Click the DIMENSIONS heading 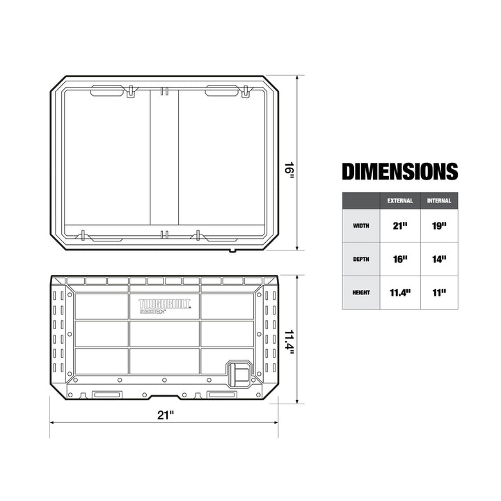(399, 171)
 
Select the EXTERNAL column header (400, 200)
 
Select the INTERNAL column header (440, 200)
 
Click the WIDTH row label (361, 225)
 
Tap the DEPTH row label (361, 259)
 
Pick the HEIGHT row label (361, 292)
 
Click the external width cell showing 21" (400, 225)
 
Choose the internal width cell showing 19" (440, 225)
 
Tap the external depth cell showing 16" (400, 259)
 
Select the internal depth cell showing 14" (440, 259)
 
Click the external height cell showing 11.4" (400, 292)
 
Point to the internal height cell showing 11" (440, 292)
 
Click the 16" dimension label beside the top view (289, 170)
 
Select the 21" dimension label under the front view (165, 415)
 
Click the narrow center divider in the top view (164, 160)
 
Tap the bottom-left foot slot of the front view (106, 395)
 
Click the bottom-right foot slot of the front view (221, 395)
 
